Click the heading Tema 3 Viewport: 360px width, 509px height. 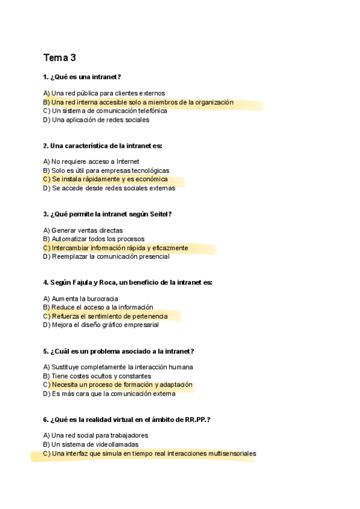59,58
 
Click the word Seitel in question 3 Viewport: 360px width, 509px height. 158,214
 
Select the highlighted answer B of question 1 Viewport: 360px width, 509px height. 142,102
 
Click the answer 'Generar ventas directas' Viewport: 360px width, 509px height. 87,230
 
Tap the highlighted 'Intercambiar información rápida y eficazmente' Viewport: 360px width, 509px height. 119,247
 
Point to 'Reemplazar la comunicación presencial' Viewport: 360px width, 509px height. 110,256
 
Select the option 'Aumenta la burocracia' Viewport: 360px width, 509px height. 85,298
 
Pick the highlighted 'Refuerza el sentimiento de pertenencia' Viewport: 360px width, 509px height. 109,316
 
